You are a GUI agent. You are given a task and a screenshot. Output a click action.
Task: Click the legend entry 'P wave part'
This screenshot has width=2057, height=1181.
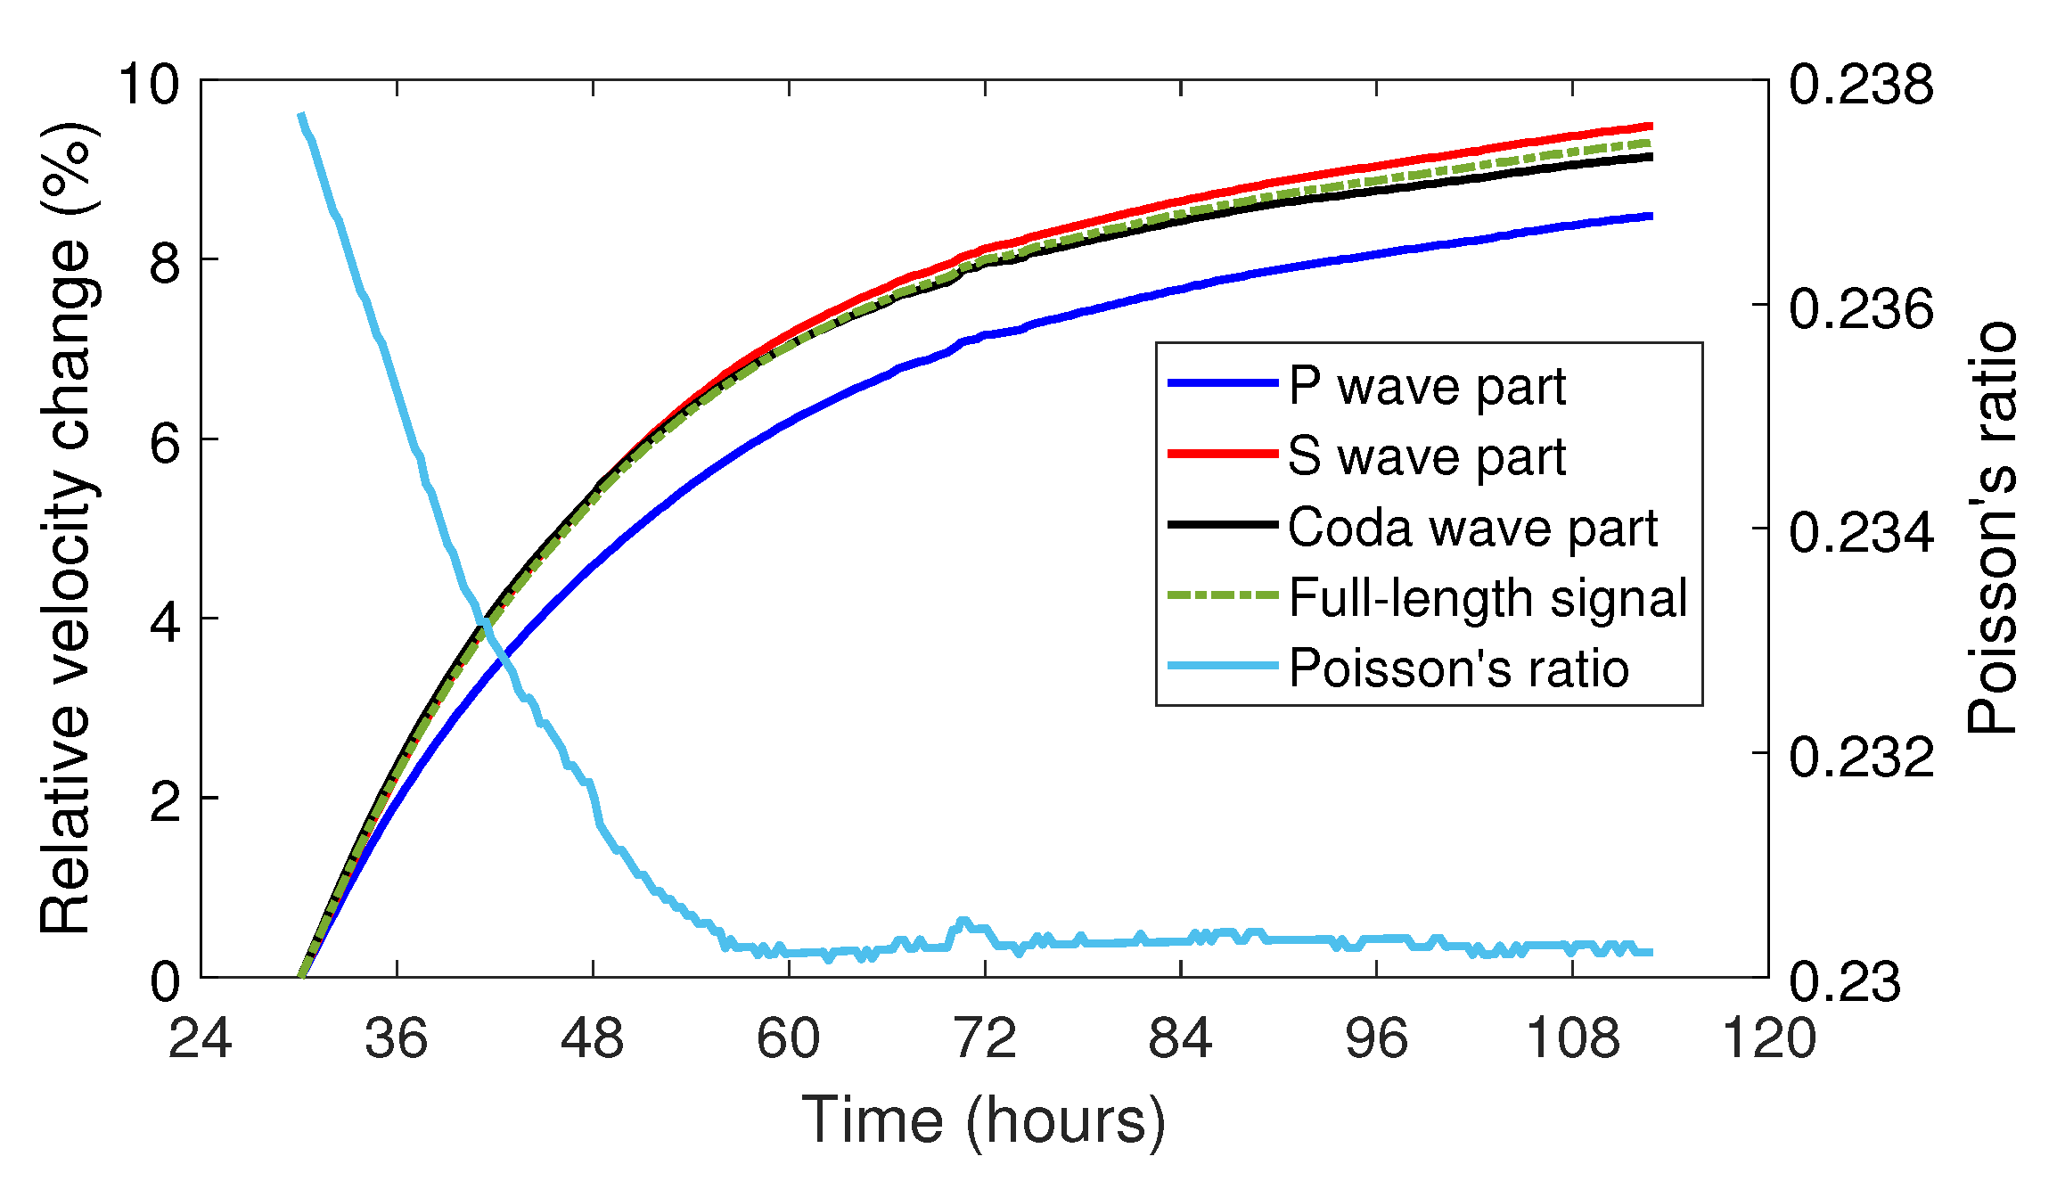pyautogui.click(x=1427, y=387)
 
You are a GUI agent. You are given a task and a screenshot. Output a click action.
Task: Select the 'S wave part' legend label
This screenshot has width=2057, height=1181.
pyautogui.click(x=1427, y=457)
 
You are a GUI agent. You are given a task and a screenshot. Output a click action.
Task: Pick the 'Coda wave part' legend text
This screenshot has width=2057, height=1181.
pyautogui.click(x=1472, y=528)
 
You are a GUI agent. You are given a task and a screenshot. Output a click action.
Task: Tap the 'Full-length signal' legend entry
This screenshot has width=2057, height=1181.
pyautogui.click(x=1487, y=598)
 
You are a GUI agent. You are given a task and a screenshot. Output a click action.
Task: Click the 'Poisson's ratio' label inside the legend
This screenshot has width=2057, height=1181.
pyautogui.click(x=1459, y=668)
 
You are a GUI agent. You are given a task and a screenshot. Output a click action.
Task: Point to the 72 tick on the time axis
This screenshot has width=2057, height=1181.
pyautogui.click(x=985, y=1039)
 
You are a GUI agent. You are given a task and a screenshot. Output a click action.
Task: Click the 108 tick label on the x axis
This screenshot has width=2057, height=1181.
pyautogui.click(x=1572, y=1039)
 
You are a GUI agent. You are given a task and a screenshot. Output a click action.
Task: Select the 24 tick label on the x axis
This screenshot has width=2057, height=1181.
pyautogui.click(x=201, y=1039)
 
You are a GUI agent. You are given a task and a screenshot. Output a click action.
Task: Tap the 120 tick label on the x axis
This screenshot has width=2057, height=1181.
pyautogui.click(x=1768, y=1039)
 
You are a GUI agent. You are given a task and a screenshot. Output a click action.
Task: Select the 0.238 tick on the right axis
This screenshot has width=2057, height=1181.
pyautogui.click(x=1861, y=85)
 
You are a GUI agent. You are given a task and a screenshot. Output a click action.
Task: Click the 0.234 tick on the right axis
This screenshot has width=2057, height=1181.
pyautogui.click(x=1861, y=533)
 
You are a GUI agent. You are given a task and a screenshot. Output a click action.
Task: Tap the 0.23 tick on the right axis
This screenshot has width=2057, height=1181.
pyautogui.click(x=1845, y=981)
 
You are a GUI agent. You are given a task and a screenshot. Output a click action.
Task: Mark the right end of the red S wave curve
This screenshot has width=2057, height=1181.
pyautogui.click(x=1651, y=127)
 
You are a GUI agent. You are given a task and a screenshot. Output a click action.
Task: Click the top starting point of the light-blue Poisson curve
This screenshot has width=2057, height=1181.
pyautogui.click(x=301, y=115)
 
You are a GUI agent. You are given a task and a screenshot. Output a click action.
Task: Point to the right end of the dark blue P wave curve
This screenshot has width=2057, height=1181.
pyautogui.click(x=1651, y=216)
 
